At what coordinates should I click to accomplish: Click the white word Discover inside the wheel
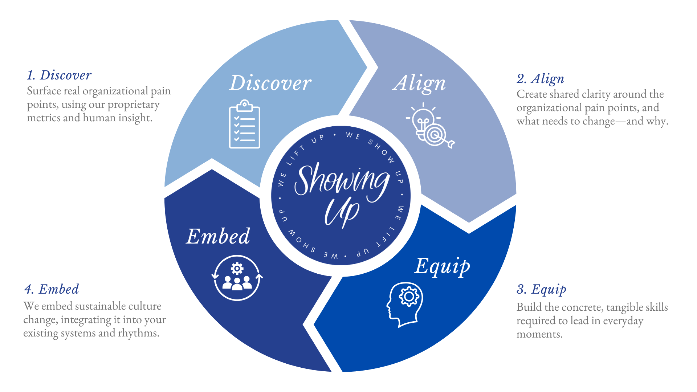pyautogui.click(x=270, y=83)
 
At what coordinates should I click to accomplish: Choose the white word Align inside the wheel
pyautogui.click(x=419, y=83)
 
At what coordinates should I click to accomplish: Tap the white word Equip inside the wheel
pyautogui.click(x=442, y=266)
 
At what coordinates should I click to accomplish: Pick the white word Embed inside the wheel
pyautogui.click(x=218, y=236)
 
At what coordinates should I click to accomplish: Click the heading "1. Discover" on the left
pyautogui.click(x=59, y=75)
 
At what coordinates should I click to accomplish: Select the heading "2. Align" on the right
pyautogui.click(x=541, y=79)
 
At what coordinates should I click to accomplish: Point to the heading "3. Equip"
pyautogui.click(x=541, y=289)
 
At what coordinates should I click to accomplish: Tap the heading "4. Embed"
pyautogui.click(x=52, y=289)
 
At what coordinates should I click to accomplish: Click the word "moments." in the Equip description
pyautogui.click(x=539, y=334)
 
